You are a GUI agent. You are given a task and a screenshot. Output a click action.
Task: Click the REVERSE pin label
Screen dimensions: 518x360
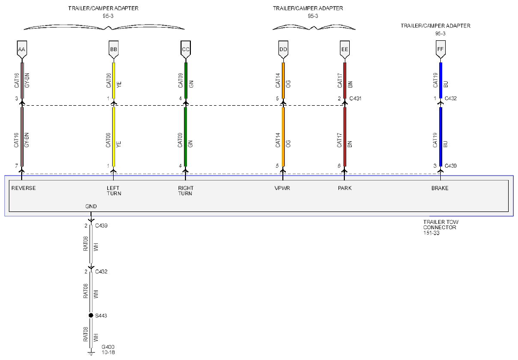(24, 188)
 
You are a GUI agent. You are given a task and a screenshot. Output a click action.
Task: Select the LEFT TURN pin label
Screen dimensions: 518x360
(114, 190)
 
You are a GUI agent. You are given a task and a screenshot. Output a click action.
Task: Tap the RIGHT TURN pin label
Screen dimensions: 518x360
(185, 190)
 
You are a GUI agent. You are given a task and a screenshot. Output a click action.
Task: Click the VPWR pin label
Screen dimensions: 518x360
(282, 188)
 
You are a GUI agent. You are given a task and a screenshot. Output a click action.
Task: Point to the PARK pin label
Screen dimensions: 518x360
(344, 188)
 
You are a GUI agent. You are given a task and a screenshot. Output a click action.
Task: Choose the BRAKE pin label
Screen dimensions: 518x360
(440, 188)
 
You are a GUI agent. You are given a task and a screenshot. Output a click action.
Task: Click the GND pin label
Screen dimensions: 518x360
(91, 207)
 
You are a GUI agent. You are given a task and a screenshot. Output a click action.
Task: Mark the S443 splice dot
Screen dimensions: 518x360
(91, 315)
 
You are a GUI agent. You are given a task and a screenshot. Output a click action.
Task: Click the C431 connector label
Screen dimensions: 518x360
(355, 98)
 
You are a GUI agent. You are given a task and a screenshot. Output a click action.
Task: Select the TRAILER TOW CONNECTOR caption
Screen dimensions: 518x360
(441, 227)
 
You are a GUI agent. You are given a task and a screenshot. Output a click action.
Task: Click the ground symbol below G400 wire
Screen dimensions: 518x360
(91, 354)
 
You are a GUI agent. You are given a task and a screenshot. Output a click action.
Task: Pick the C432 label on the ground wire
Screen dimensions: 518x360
(101, 271)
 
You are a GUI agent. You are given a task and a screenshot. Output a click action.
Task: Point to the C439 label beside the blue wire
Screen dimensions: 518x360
(451, 165)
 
